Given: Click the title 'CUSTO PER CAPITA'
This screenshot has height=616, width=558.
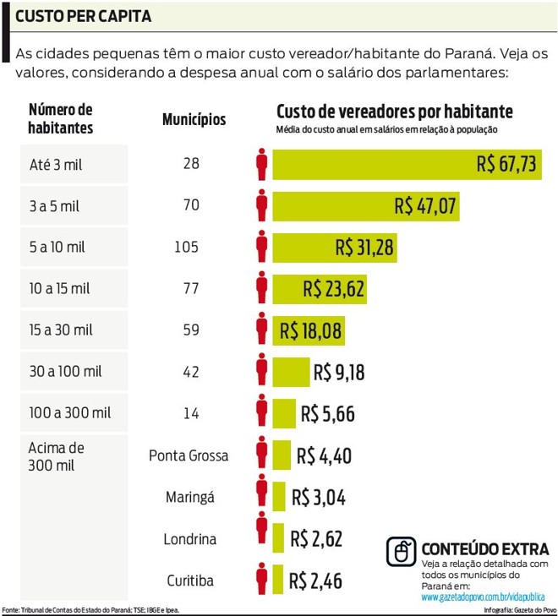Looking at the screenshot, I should [84, 16].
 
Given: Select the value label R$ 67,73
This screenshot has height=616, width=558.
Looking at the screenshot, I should [506, 164].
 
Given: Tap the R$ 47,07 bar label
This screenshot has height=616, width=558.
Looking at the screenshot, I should [424, 205].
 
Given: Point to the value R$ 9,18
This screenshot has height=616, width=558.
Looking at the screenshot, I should [338, 372].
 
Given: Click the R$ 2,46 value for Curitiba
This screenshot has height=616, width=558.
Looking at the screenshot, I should [316, 581].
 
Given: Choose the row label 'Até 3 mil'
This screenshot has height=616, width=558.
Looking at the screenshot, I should [55, 164].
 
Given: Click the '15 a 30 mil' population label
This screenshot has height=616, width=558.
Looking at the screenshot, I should [61, 330].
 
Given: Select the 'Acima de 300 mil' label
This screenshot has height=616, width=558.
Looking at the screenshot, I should [57, 455].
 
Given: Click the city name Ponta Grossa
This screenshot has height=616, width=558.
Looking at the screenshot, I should [189, 455].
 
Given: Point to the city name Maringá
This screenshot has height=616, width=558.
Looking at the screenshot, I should [189, 497].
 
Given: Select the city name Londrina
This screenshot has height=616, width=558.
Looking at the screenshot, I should [189, 539].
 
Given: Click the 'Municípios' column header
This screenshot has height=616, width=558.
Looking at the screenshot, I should [194, 119].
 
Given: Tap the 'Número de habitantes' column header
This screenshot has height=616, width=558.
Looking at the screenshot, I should [60, 119].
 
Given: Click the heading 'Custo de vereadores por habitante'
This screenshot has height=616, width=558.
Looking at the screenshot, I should [394, 112].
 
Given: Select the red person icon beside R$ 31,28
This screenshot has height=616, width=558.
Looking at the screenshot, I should [262, 247].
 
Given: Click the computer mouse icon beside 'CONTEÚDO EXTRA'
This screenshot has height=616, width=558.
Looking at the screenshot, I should [401, 551].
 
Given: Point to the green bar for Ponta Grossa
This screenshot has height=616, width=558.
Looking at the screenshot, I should [281, 455].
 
